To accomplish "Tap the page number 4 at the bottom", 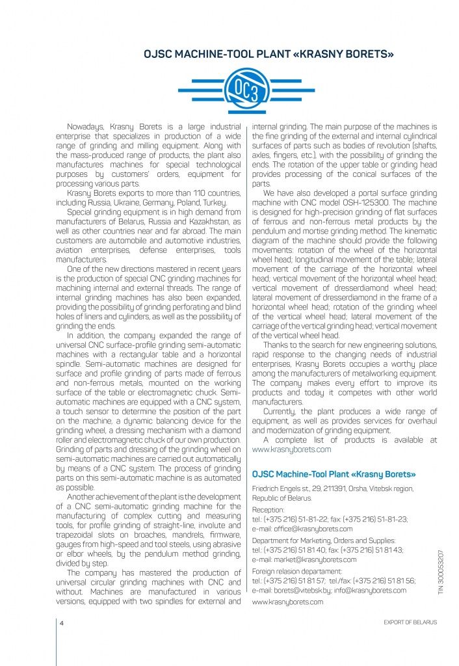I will click(60, 622).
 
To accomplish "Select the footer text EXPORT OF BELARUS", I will click(411, 622).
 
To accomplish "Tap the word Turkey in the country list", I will click(210, 202).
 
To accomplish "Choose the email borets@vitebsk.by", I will click(313, 590).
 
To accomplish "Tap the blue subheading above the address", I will click(334, 474).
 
